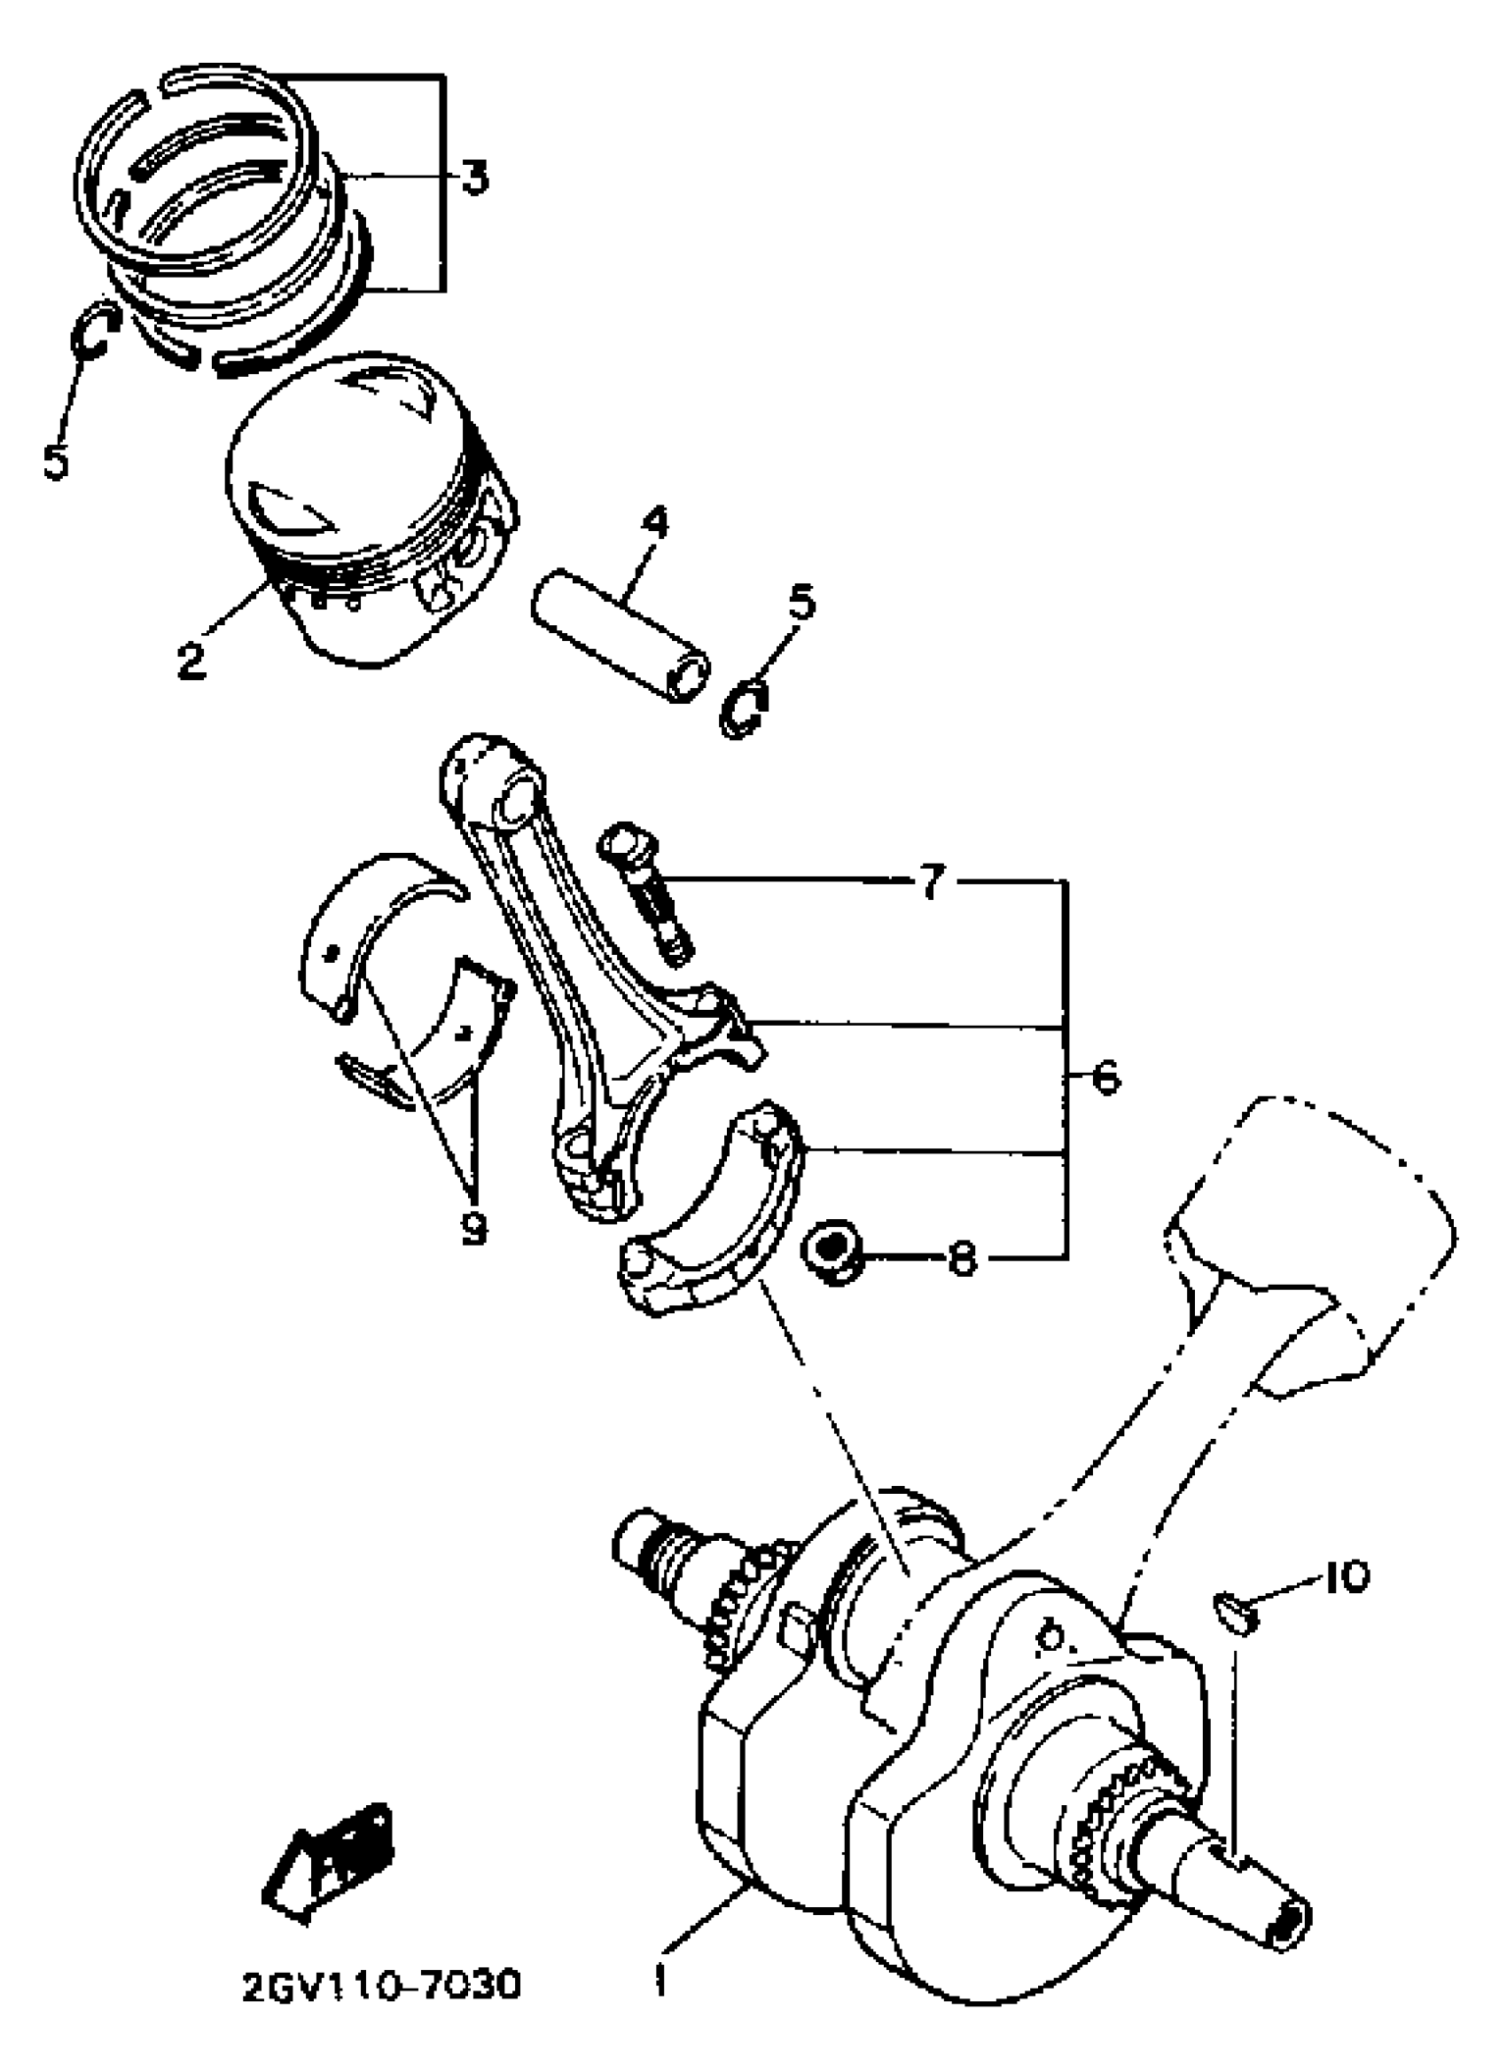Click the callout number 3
click(473, 177)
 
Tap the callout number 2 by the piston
click(191, 660)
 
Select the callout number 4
click(654, 522)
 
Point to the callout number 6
click(1105, 1079)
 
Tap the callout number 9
click(473, 1227)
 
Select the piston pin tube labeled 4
click(621, 632)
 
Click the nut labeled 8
click(832, 1255)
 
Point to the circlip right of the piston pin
click(746, 708)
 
